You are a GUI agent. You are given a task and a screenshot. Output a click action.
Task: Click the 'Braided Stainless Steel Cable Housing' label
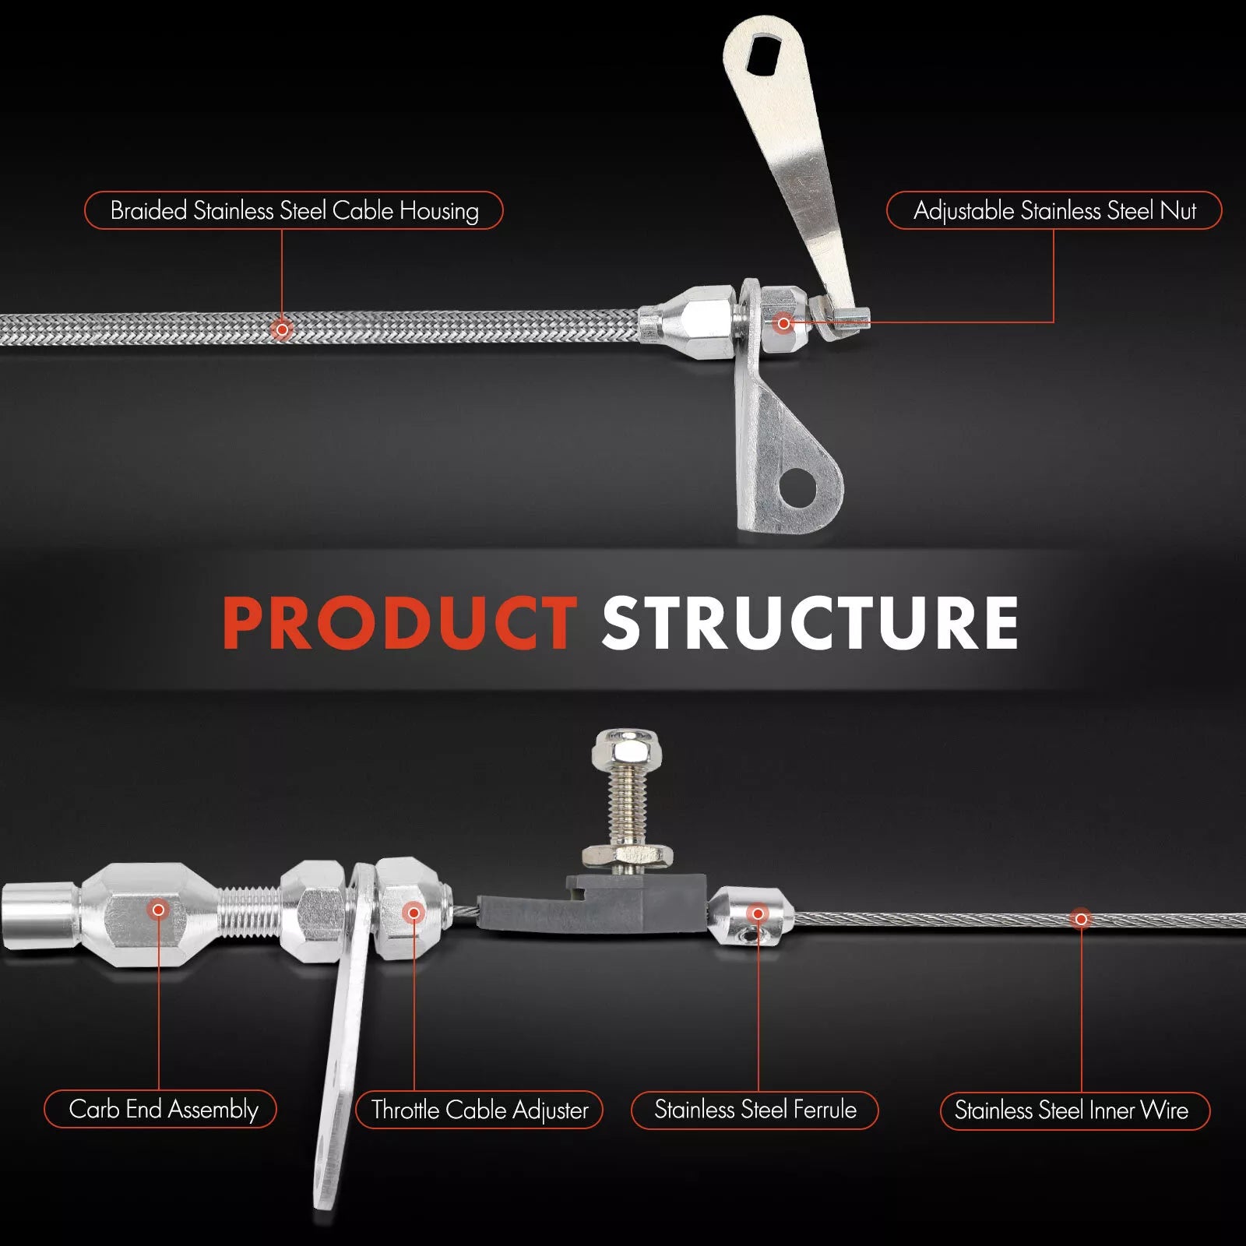tap(294, 210)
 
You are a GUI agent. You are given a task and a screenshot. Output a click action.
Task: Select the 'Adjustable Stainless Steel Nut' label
tap(1054, 210)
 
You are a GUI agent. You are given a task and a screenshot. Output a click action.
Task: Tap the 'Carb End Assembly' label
tap(160, 1109)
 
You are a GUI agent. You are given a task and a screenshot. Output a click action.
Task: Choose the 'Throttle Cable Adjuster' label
tap(479, 1110)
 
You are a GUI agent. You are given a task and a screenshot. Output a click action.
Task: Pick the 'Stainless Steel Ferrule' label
tap(755, 1110)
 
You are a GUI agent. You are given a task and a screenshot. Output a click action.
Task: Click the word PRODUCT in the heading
tap(399, 622)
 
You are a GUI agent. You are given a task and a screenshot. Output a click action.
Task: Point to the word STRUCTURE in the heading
tap(811, 622)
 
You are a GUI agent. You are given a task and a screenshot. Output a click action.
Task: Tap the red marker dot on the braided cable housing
tap(282, 329)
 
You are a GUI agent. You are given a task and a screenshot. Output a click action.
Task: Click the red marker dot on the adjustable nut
tap(784, 323)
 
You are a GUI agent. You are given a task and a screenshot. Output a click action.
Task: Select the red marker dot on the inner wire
tap(1081, 919)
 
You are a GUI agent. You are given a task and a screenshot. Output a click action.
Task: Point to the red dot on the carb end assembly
tap(159, 909)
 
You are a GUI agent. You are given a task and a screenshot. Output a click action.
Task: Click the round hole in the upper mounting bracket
tap(800, 487)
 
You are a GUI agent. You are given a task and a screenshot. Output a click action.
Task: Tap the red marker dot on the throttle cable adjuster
tap(414, 913)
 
